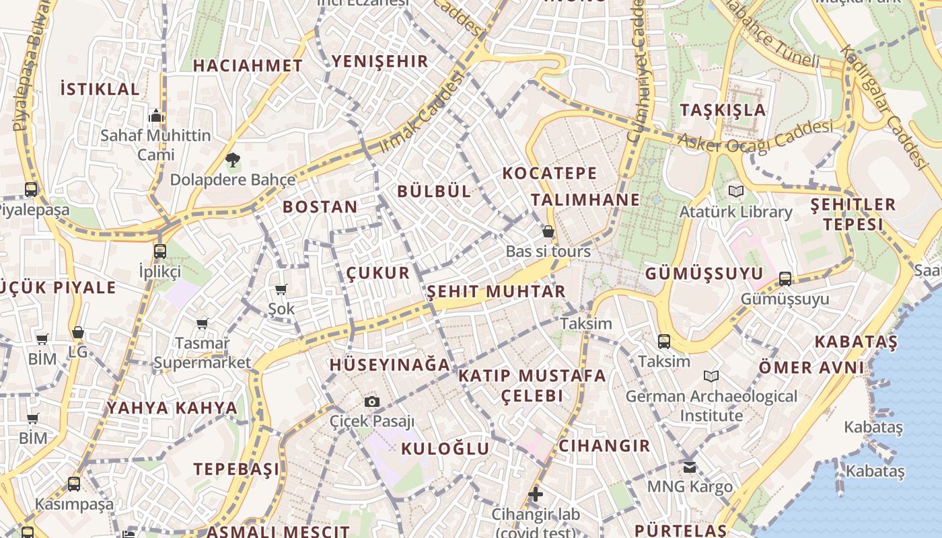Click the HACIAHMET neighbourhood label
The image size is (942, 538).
pyautogui.click(x=248, y=65)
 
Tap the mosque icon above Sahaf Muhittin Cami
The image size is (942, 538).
pyautogui.click(x=156, y=116)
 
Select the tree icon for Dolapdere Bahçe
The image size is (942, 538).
pyautogui.click(x=232, y=160)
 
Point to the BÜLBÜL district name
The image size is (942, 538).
pyautogui.click(x=434, y=191)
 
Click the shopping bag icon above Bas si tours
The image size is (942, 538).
pyautogui.click(x=548, y=231)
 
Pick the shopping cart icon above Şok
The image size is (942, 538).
pyautogui.click(x=281, y=289)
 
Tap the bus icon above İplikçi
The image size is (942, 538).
pyautogui.click(x=160, y=252)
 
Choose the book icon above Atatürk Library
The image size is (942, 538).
pyautogui.click(x=736, y=192)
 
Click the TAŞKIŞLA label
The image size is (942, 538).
pyautogui.click(x=723, y=110)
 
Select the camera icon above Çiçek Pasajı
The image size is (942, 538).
pyautogui.click(x=371, y=401)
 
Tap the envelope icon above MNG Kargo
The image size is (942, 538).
pyautogui.click(x=690, y=466)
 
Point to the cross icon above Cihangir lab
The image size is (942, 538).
pyautogui.click(x=536, y=494)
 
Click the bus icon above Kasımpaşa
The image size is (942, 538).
pyautogui.click(x=74, y=484)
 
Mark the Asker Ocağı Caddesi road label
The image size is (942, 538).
pyautogui.click(x=756, y=137)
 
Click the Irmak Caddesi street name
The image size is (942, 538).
pyautogui.click(x=423, y=112)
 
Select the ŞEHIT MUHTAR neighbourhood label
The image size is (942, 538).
pyautogui.click(x=496, y=291)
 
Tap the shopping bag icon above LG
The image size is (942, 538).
pyautogui.click(x=78, y=332)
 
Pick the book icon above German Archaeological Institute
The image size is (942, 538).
pyautogui.click(x=711, y=376)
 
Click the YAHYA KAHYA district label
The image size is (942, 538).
pyautogui.click(x=172, y=408)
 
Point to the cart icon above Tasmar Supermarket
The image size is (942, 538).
pyautogui.click(x=203, y=323)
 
